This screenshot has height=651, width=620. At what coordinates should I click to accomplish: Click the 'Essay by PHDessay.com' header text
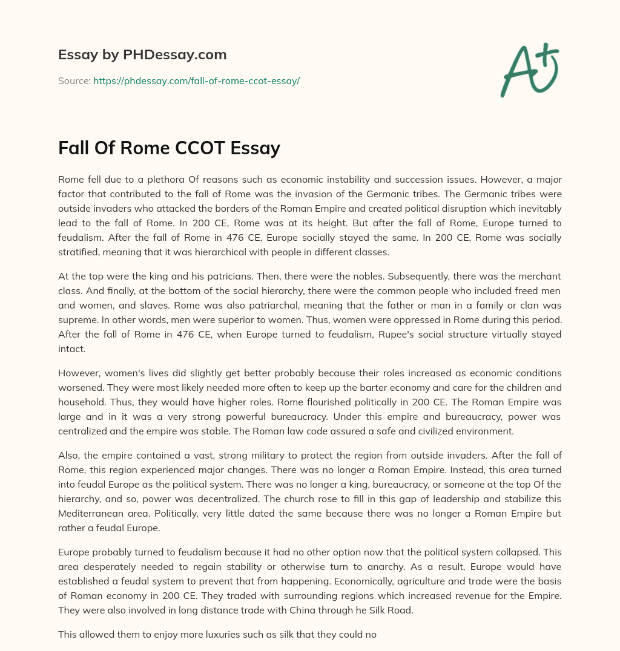point(142,55)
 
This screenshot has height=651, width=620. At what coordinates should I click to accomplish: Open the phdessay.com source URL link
point(196,80)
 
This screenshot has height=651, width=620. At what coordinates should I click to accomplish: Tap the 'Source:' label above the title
point(74,80)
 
